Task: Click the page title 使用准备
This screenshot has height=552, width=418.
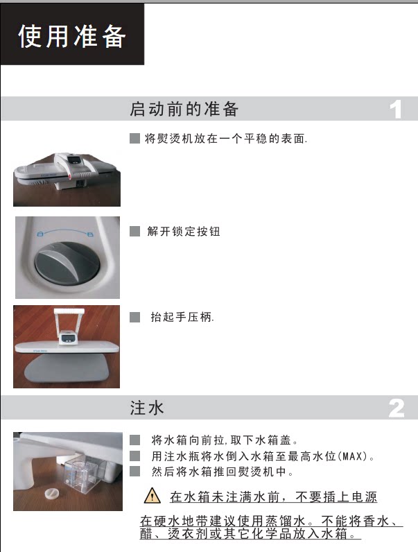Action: click(72, 36)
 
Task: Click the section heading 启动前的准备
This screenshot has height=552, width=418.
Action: click(184, 108)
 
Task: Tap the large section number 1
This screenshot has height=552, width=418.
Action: click(396, 109)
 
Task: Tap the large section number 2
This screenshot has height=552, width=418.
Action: click(397, 408)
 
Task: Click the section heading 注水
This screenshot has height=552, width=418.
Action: click(147, 408)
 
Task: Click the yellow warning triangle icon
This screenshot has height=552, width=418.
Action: click(153, 496)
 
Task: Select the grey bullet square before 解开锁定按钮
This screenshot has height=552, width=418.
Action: click(134, 232)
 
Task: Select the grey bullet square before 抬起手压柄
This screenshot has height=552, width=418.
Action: click(134, 317)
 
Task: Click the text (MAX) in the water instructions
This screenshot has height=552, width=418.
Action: click(353, 456)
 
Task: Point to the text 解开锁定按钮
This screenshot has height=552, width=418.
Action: click(184, 232)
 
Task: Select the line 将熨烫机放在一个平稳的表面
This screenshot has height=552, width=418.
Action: click(226, 139)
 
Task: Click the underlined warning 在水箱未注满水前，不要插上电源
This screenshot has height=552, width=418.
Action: click(273, 497)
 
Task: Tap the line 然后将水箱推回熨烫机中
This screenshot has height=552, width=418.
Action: click(223, 472)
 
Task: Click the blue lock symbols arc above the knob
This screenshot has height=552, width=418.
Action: click(65, 232)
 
